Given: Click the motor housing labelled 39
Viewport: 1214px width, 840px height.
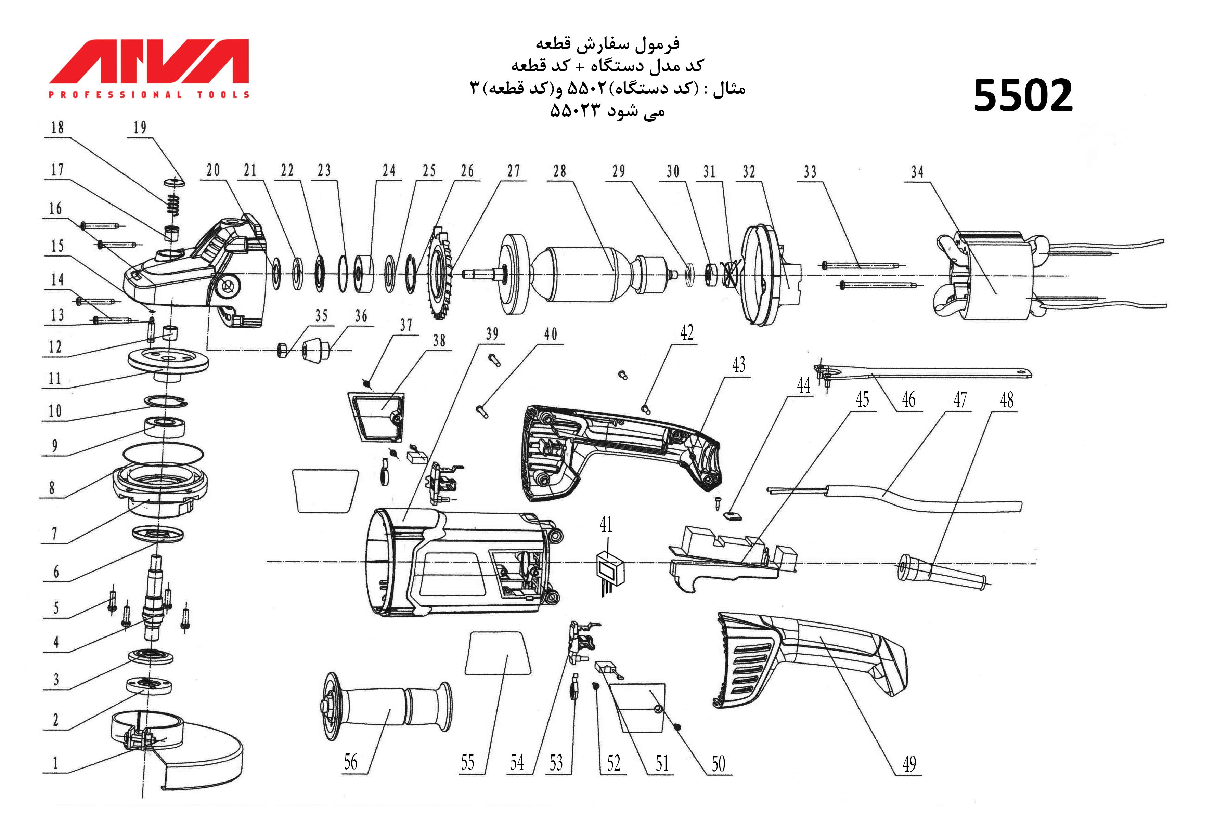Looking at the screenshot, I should point(458,563).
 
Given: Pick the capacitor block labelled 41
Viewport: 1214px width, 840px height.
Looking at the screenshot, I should point(610,571).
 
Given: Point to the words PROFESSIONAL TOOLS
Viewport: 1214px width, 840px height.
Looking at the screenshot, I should point(149,95).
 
